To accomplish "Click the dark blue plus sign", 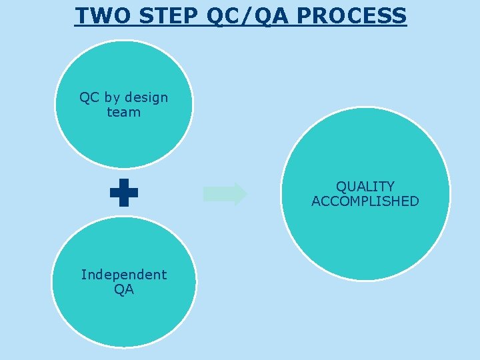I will pyautogui.click(x=124, y=193).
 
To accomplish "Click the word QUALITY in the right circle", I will pyautogui.click(x=365, y=187).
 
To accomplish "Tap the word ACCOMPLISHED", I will pyautogui.click(x=365, y=201).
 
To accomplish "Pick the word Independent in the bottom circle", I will pyautogui.click(x=124, y=275).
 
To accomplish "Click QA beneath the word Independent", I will pyautogui.click(x=124, y=289).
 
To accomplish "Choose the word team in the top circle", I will pyautogui.click(x=124, y=113).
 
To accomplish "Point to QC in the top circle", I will pyautogui.click(x=89, y=98).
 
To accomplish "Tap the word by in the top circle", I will pyautogui.click(x=111, y=98).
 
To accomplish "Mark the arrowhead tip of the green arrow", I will pyautogui.click(x=246, y=194).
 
